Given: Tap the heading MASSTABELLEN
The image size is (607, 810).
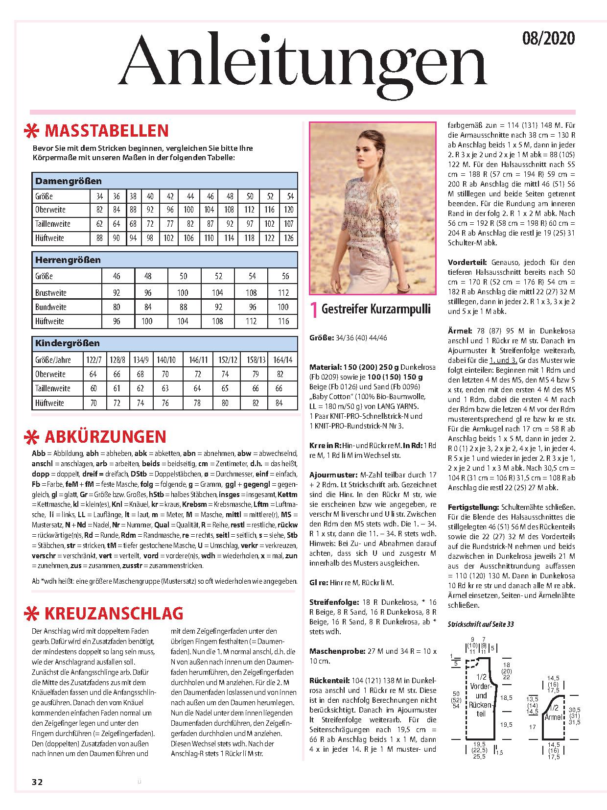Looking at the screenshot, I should point(106,131).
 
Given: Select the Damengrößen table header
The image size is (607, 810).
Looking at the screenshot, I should point(69,181).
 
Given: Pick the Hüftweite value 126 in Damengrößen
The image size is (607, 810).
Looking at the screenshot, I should point(289,238).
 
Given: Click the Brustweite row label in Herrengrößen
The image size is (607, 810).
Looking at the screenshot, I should point(51,293).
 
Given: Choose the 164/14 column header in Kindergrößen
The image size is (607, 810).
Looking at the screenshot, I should point(283,360).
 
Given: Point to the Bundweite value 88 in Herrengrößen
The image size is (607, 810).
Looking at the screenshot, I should point(183,307).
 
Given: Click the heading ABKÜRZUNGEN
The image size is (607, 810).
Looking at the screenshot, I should point(105,436).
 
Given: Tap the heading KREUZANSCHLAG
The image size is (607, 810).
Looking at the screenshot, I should point(114,613).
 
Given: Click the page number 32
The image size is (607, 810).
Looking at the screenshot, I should point(37,782).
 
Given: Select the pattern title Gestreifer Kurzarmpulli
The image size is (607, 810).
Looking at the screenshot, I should point(376,309).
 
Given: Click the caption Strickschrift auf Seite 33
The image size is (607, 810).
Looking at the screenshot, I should point(481,624).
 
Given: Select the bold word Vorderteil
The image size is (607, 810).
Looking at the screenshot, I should point(465,262).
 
